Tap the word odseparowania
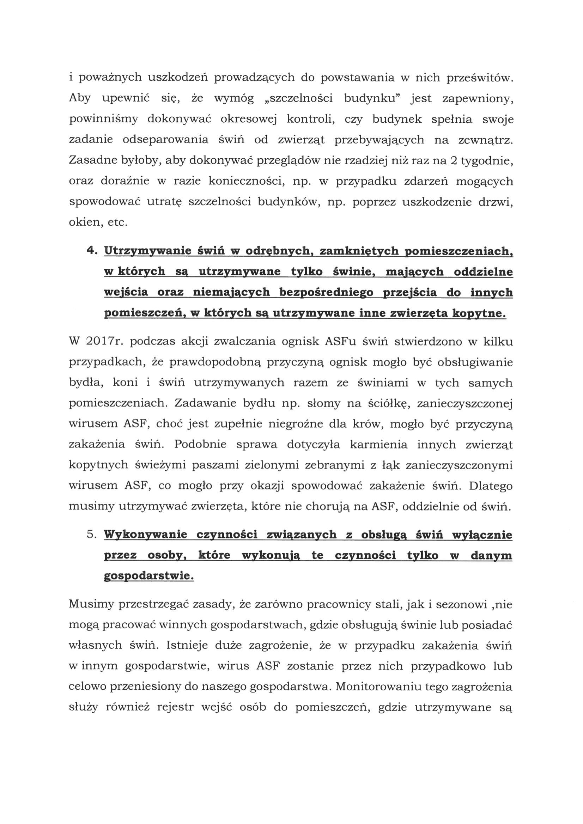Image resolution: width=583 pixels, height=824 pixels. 165,140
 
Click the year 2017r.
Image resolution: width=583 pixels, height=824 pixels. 104,341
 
